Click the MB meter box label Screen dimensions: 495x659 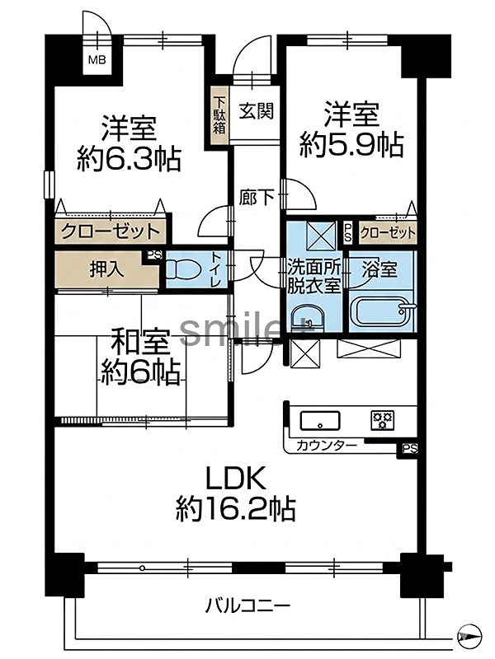(x=97, y=60)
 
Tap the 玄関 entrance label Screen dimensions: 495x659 (x=257, y=112)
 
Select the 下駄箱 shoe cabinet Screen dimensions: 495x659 (x=219, y=116)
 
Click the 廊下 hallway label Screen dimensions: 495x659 (x=257, y=197)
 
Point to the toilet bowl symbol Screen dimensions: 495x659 (x=183, y=269)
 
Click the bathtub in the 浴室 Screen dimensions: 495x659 (x=382, y=311)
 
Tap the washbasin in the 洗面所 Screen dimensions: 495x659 (x=308, y=318)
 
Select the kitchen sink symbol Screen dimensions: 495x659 (x=320, y=421)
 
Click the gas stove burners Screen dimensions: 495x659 (x=382, y=420)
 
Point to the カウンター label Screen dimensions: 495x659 (x=327, y=446)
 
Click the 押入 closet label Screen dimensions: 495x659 (x=107, y=269)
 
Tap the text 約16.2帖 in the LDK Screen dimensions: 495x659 (x=235, y=509)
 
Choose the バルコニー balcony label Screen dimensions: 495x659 (x=248, y=606)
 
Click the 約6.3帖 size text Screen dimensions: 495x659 (x=129, y=159)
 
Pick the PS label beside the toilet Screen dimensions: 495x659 (x=154, y=255)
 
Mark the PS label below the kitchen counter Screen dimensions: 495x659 (x=409, y=449)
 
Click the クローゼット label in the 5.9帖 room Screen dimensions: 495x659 (x=388, y=232)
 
